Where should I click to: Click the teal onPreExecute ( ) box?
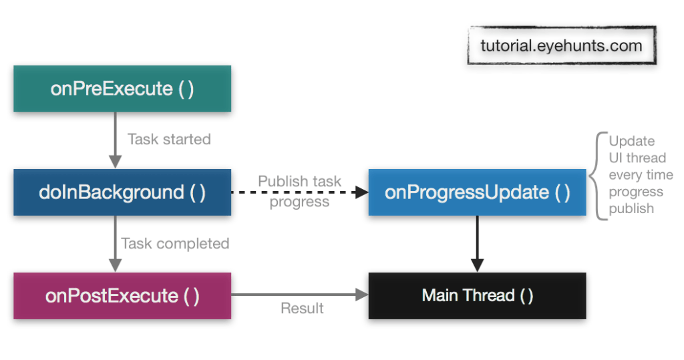[x=122, y=89]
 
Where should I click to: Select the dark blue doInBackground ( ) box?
[x=122, y=192]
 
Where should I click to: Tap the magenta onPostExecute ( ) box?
[x=122, y=296]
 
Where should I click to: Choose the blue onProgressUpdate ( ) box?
[x=477, y=192]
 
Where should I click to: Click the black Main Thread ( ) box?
[x=477, y=296]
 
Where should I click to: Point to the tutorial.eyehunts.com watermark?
[x=561, y=45]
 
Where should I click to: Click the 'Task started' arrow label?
[x=169, y=140]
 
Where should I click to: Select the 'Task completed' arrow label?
[x=175, y=244]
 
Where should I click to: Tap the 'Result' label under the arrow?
[x=302, y=309]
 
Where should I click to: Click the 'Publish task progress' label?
[x=299, y=191]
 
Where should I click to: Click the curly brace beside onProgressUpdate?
[x=597, y=176]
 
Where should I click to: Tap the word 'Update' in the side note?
[x=631, y=141]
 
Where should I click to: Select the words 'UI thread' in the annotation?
[x=637, y=158]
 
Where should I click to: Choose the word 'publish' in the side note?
[x=631, y=209]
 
